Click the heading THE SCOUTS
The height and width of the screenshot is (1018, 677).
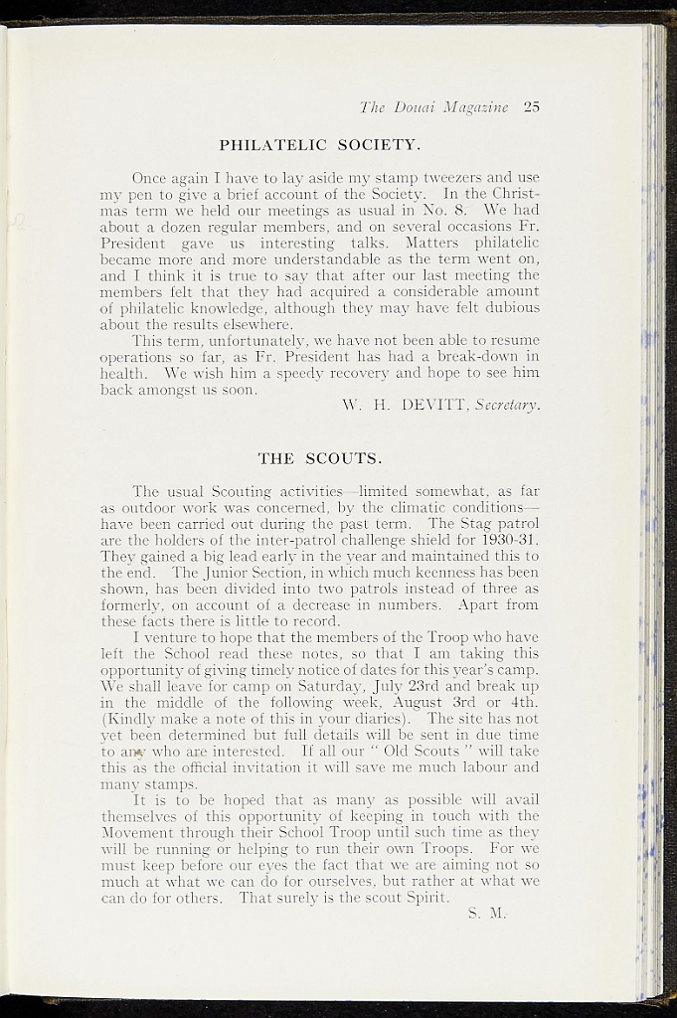tap(320, 458)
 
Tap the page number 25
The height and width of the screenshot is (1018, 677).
tap(530, 107)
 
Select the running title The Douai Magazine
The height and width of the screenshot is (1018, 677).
tap(434, 107)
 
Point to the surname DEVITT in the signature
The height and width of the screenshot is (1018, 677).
tap(433, 406)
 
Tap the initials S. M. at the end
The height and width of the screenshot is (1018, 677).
tap(487, 914)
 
